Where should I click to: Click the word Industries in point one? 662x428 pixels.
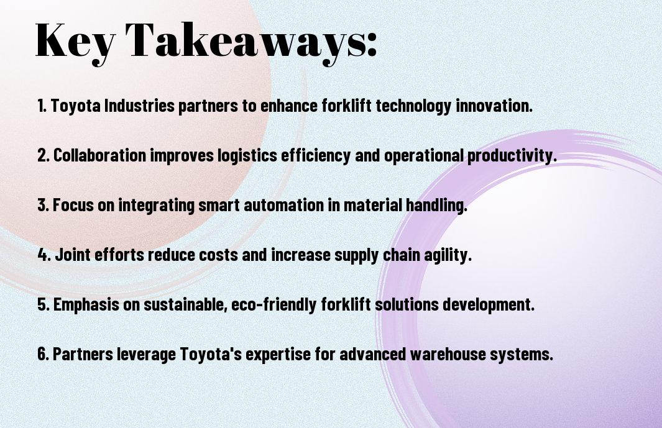139,106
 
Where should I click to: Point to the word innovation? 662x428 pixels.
494,106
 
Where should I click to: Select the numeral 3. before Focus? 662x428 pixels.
43,205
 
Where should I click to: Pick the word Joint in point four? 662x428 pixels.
73,255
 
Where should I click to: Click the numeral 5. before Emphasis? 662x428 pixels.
43,304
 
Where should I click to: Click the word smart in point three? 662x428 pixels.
219,205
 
